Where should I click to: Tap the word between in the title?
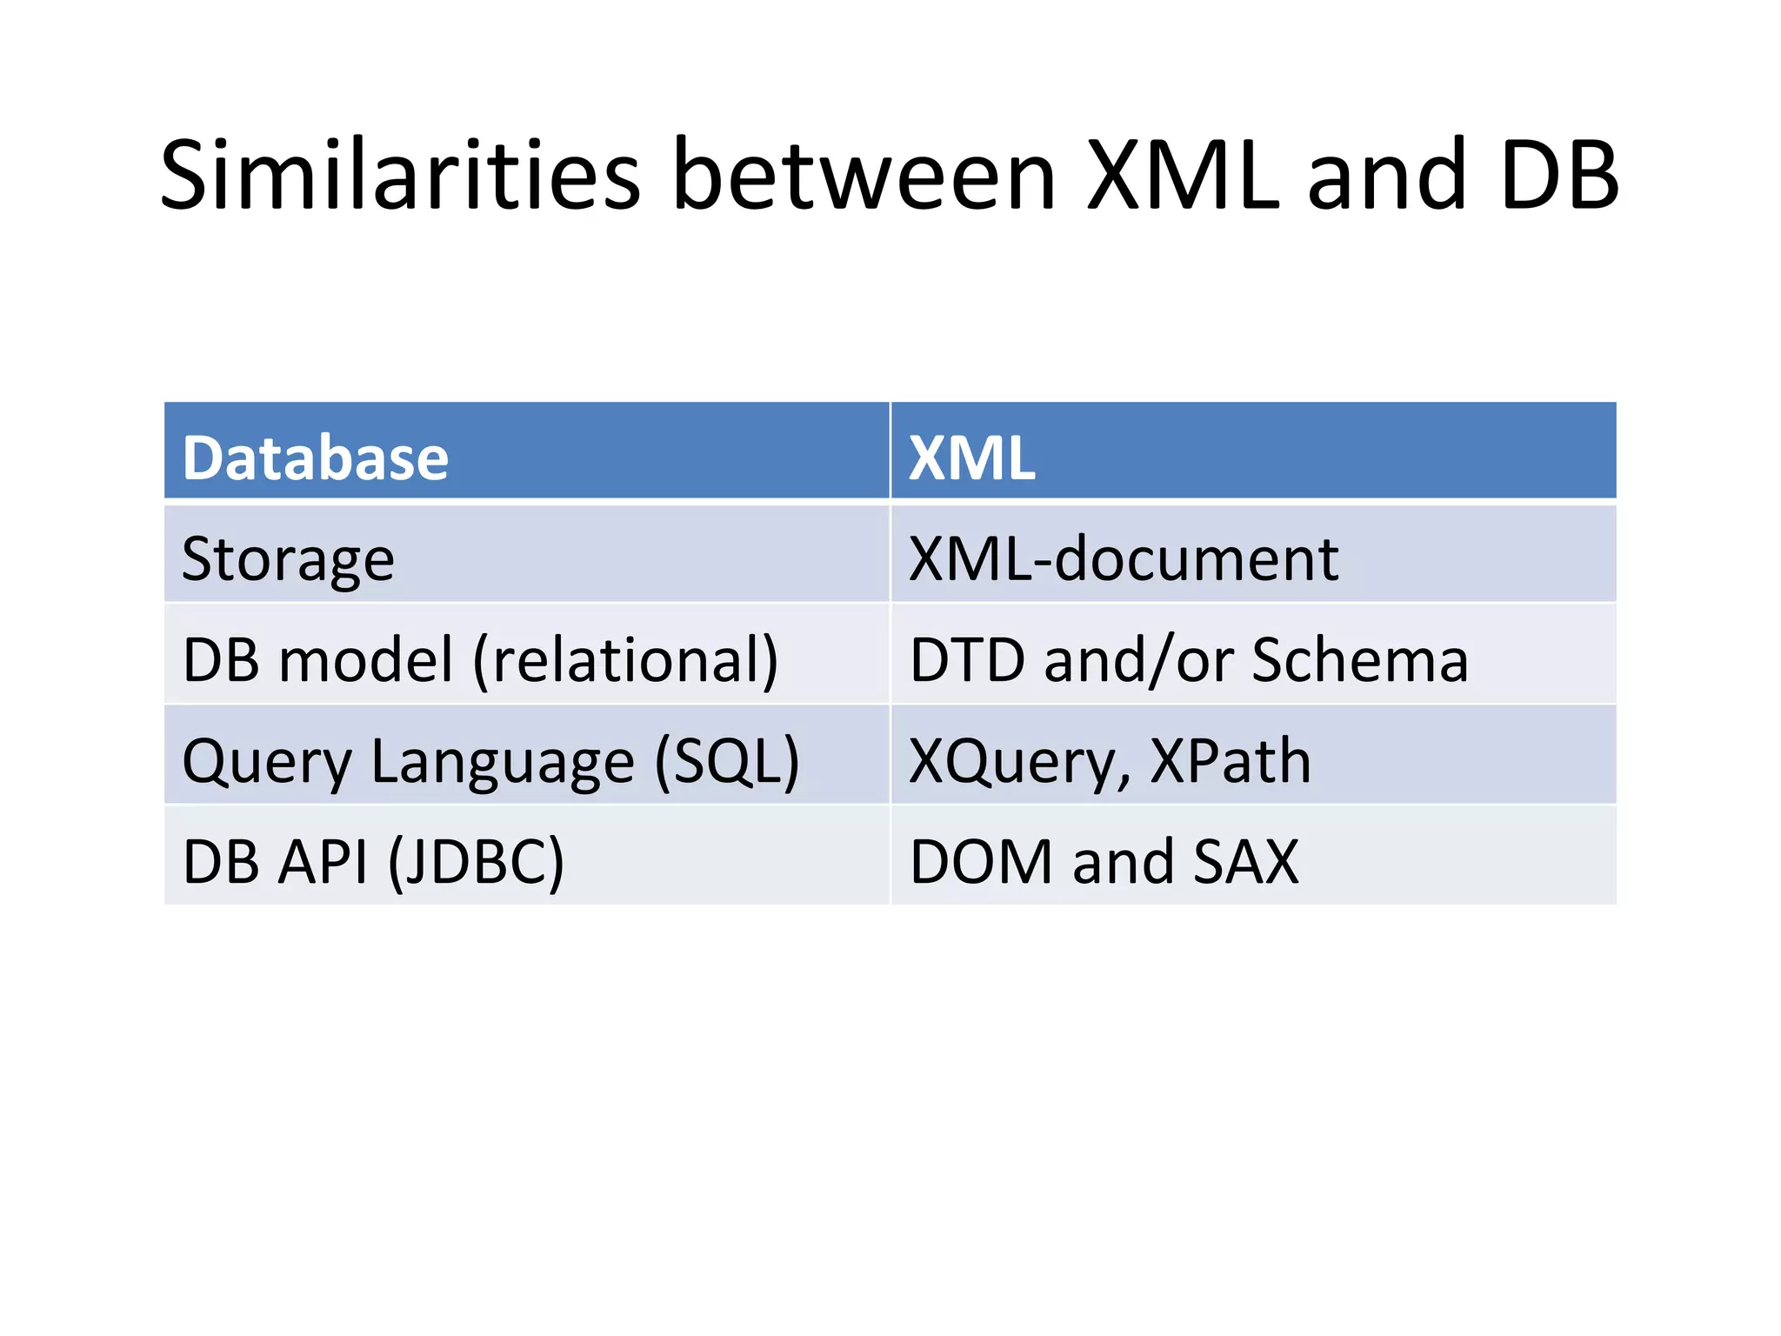(864, 177)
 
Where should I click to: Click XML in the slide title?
(1184, 177)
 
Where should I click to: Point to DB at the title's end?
(1558, 177)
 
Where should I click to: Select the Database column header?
(315, 458)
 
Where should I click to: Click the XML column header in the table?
(971, 458)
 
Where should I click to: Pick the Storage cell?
(288, 559)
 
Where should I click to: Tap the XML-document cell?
(1123, 559)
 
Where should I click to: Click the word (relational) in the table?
(625, 660)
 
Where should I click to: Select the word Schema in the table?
(1360, 660)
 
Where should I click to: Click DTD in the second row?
(967, 660)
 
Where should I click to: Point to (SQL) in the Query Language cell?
(726, 762)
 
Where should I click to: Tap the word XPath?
(1230, 762)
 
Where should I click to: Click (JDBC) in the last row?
(476, 863)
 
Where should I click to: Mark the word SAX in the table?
(1245, 863)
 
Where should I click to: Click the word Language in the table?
(503, 762)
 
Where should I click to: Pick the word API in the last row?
(324, 863)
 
